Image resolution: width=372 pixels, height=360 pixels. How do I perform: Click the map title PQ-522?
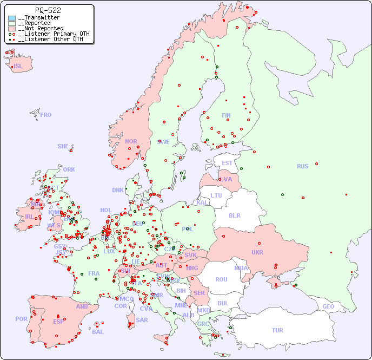point(48,10)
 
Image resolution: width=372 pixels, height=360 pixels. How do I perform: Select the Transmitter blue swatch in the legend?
point(12,18)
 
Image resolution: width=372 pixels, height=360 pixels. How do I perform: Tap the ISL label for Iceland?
point(18,67)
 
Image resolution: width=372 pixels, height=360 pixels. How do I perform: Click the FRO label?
point(46,115)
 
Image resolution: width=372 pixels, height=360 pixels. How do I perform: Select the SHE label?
point(63,146)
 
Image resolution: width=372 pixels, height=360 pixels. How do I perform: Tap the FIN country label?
point(226,115)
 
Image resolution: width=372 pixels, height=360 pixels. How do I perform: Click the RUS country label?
point(302,166)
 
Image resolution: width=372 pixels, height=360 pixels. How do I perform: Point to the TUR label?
point(277,330)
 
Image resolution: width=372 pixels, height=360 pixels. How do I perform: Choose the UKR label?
point(257,252)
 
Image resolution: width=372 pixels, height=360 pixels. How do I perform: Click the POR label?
point(21,319)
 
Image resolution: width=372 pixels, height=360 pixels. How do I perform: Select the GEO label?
point(328,306)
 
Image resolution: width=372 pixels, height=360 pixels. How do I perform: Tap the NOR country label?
point(131,141)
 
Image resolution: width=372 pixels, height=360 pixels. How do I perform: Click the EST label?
point(227,163)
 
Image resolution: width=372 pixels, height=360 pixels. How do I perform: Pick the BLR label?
point(235,215)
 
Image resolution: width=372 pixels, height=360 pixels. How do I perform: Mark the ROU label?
point(221,279)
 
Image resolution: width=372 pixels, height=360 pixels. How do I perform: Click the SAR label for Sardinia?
point(142,320)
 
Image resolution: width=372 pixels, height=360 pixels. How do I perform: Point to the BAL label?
point(98,332)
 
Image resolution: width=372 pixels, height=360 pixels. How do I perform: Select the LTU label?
point(216,195)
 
